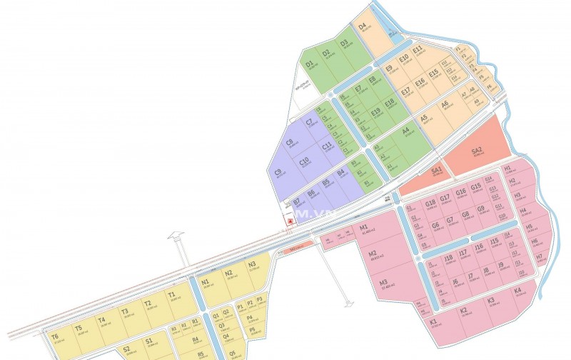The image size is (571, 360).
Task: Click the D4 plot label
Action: [x=362, y=27]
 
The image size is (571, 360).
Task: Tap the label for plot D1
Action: [x=309, y=64]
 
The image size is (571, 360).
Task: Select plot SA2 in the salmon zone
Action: [x=477, y=151]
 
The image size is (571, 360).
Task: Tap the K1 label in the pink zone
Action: [x=434, y=321]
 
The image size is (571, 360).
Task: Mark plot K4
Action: [x=517, y=291]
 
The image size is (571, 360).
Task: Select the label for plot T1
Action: [x=171, y=294]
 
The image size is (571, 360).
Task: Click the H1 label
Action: [x=508, y=169]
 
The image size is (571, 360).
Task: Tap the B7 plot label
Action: [x=296, y=202]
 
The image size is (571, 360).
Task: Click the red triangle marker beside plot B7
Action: [x=290, y=221]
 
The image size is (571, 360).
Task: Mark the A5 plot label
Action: [x=423, y=118]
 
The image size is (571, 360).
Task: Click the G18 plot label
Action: [x=430, y=203]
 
